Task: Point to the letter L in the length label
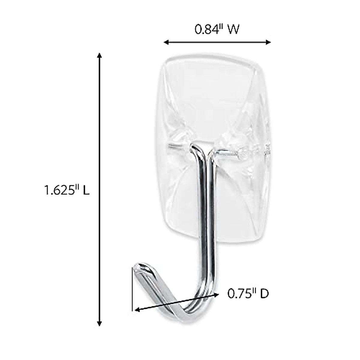(86, 190)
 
